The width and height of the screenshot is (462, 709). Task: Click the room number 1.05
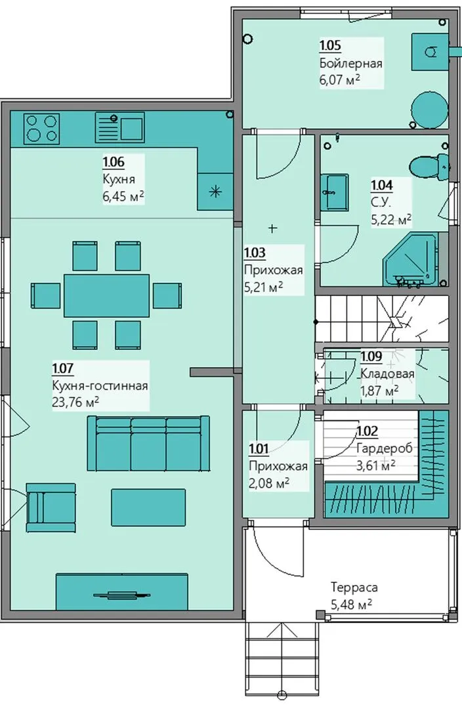point(330,46)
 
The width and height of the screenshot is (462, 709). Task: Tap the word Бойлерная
point(351,63)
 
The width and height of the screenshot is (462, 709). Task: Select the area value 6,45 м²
point(123,196)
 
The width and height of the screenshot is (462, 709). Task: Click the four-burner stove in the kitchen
point(41,128)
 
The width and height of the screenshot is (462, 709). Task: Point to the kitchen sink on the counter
point(120,127)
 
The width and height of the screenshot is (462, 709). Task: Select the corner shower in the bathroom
point(410,259)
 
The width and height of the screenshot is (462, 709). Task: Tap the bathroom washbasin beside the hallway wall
point(335,192)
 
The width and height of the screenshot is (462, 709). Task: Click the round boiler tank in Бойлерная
point(429,108)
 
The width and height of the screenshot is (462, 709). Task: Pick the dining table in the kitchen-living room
point(107,295)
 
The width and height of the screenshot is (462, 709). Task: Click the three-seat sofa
point(148,444)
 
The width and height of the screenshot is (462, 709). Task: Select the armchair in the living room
point(51,507)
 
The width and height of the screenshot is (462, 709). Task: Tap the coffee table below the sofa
point(148,507)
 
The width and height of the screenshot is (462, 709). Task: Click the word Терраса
point(354,588)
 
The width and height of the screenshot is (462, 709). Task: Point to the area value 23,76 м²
point(76,402)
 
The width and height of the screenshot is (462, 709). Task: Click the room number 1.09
point(371,356)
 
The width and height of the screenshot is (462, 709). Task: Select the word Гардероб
point(385,448)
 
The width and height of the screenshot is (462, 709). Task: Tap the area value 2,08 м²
point(270,483)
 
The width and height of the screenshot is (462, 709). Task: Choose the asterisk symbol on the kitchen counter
point(215,192)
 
